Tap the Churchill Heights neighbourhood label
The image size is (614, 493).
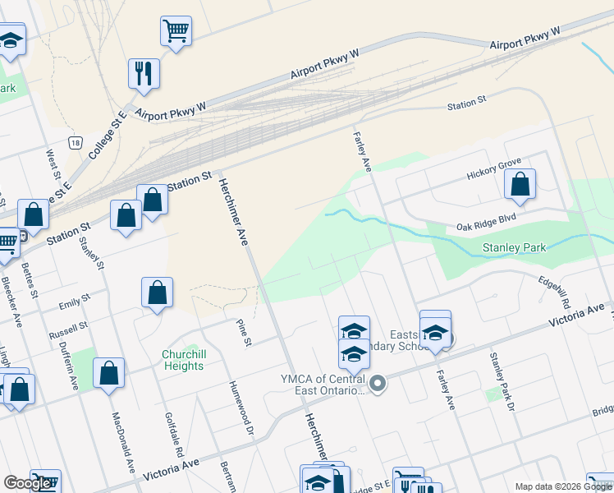pyautogui.click(x=182, y=360)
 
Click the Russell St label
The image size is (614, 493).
pyautogui.click(x=68, y=330)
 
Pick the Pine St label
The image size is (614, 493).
pyautogui.click(x=243, y=333)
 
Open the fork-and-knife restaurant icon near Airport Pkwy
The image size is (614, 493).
pyautogui.click(x=144, y=72)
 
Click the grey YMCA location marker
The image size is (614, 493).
pyautogui.click(x=378, y=383)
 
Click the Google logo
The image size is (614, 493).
pyautogui.click(x=27, y=483)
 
